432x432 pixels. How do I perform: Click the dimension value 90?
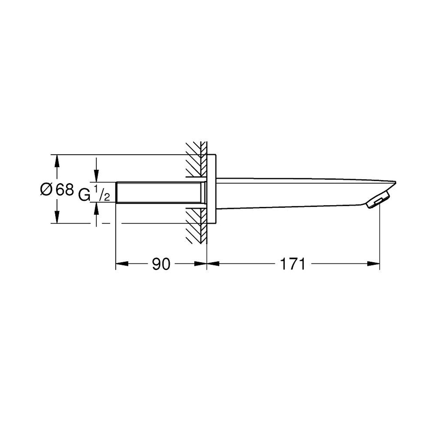click(161, 264)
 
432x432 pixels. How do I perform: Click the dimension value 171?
click(293, 264)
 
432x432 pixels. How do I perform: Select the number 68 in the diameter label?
click(65, 190)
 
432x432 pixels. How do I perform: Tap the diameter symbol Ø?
click(46, 190)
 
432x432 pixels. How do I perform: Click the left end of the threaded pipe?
click(116, 193)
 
